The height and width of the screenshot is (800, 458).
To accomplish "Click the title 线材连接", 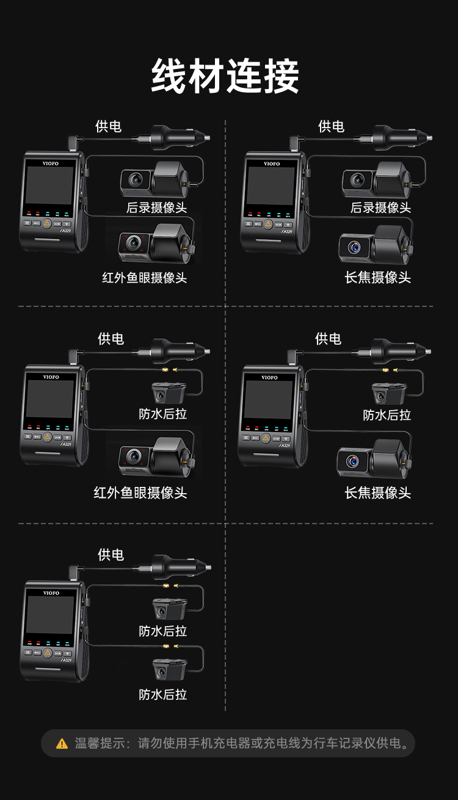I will (x=225, y=76).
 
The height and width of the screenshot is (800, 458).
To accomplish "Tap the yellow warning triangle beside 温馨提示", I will (x=62, y=744).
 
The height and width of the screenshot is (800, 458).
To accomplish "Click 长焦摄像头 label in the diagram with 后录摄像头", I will (x=378, y=278).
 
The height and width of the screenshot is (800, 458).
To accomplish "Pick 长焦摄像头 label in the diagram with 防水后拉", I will (x=378, y=493).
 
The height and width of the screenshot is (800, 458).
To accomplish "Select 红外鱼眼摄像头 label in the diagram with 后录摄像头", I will (x=144, y=278).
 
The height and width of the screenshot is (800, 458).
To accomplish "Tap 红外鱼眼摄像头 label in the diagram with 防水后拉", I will (x=140, y=493).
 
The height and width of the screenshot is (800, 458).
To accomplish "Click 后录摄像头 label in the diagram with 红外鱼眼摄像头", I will (x=156, y=207).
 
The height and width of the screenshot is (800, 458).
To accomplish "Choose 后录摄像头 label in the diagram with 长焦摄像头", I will (x=380, y=207).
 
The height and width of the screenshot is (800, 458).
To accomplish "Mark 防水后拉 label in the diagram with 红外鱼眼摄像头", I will (x=162, y=414).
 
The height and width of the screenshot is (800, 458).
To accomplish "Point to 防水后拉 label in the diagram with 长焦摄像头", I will (x=387, y=416).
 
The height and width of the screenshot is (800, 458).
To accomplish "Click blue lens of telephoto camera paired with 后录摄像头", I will (x=354, y=247).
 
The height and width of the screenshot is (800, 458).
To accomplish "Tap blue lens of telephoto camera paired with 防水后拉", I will (x=352, y=461).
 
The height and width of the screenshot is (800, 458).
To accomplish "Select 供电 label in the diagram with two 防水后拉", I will (x=111, y=555).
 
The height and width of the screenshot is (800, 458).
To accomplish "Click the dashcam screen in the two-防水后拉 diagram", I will (x=50, y=615).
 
